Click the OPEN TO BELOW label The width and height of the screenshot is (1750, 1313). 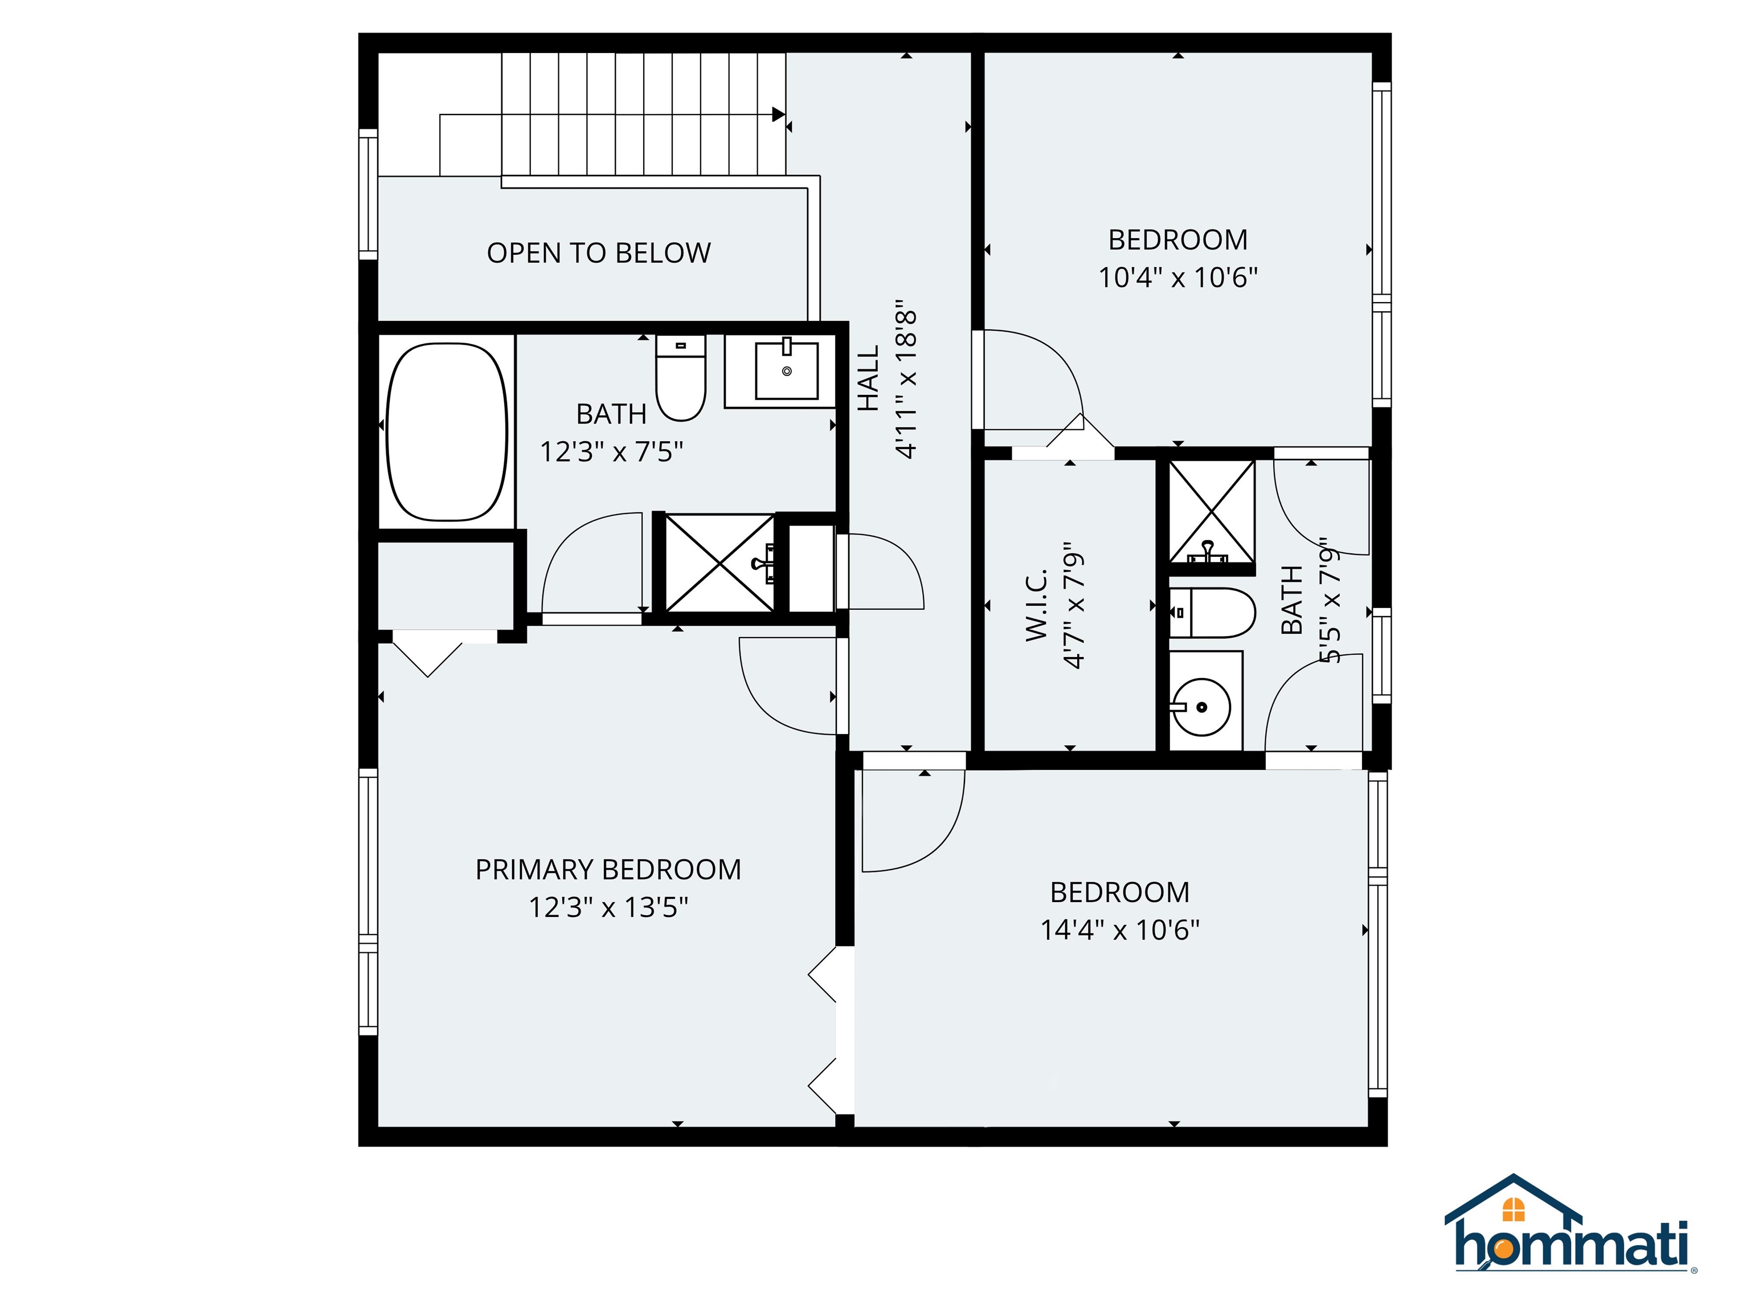pyautogui.click(x=598, y=253)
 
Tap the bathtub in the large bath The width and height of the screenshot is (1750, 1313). pyautogui.click(x=447, y=431)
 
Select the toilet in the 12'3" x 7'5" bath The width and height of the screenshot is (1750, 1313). pyautogui.click(x=680, y=377)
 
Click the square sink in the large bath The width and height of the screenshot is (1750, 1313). pyautogui.click(x=786, y=370)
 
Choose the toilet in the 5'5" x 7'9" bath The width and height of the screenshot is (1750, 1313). pyautogui.click(x=1211, y=613)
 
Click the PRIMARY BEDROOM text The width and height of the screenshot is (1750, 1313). pyautogui.click(x=608, y=870)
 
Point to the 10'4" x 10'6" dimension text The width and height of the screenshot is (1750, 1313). pyautogui.click(x=1177, y=277)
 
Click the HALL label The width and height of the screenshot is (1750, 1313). pyautogui.click(x=869, y=378)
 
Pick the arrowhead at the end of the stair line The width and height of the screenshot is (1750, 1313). pyautogui.click(x=779, y=115)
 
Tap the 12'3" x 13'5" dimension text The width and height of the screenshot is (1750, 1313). pyautogui.click(x=608, y=907)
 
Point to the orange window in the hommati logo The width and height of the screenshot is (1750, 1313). pyautogui.click(x=1514, y=1210)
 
